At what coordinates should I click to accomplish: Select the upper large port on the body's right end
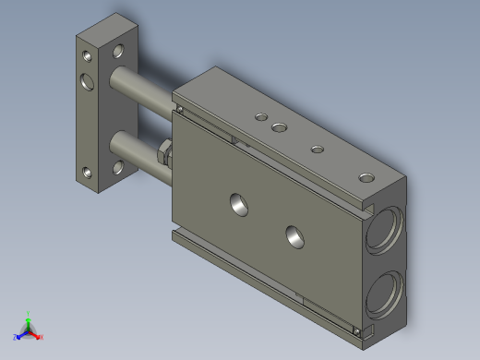382,232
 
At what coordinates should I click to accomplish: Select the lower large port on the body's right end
380,294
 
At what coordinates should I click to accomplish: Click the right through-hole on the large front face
295,236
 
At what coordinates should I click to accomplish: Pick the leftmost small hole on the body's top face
261,116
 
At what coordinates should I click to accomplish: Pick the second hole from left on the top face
279,126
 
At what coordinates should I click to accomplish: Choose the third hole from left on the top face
318,149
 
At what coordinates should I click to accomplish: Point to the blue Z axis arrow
18,337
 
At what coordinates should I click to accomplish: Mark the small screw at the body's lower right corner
356,329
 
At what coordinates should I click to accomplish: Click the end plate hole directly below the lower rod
119,168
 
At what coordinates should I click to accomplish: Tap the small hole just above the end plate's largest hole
86,55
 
